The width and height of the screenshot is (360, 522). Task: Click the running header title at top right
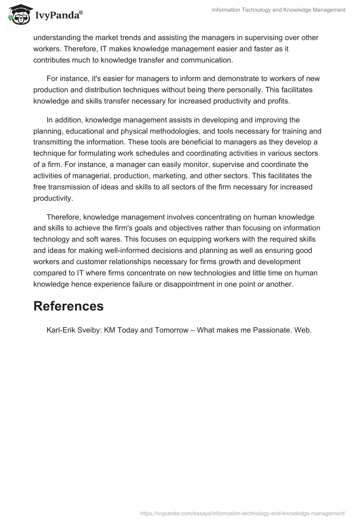tap(279, 10)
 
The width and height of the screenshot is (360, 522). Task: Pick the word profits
tap(278, 101)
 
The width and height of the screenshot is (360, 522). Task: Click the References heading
tap(68, 306)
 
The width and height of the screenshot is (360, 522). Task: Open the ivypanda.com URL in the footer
tap(243, 513)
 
